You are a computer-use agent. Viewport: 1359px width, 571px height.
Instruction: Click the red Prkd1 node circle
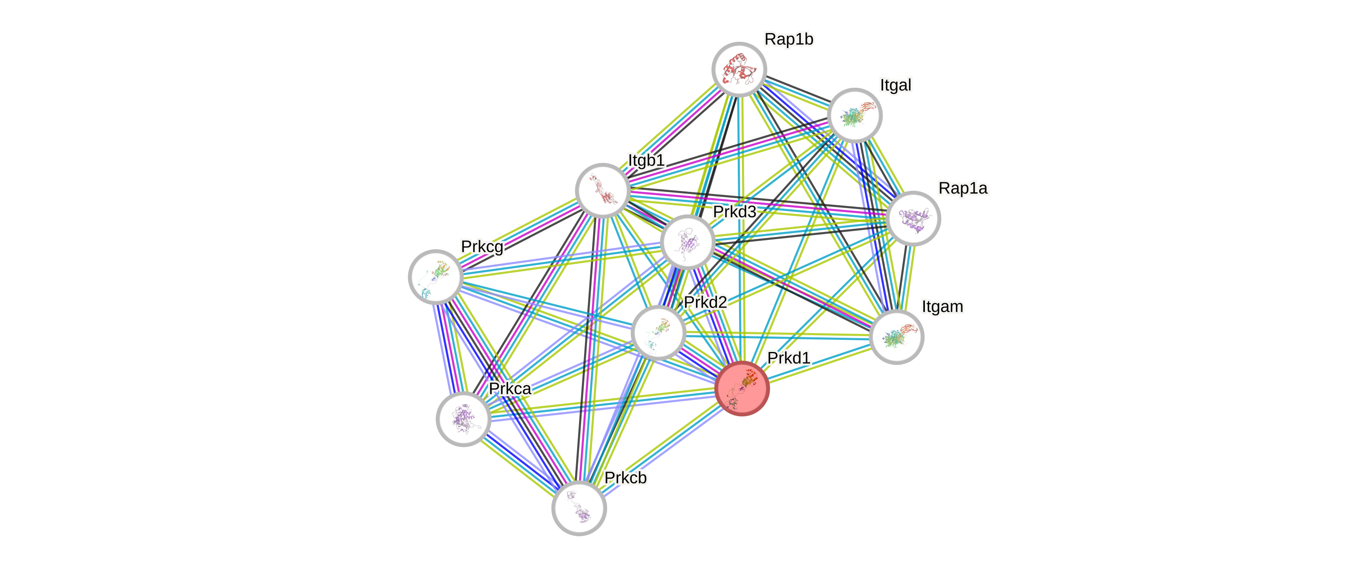pyautogui.click(x=742, y=389)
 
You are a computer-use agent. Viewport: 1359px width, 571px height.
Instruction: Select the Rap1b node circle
pyautogui.click(x=739, y=69)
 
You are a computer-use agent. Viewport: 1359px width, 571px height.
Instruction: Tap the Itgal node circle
pyautogui.click(x=855, y=115)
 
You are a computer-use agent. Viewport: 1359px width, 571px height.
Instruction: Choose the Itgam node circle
pyautogui.click(x=897, y=336)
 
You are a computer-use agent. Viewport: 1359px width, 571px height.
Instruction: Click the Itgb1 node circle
pyautogui.click(x=602, y=191)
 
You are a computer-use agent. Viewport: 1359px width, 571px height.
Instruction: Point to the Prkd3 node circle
pyautogui.click(x=687, y=242)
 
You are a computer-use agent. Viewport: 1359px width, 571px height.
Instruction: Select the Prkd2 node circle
pyautogui.click(x=658, y=332)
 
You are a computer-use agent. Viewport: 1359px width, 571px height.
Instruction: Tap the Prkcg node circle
pyautogui.click(x=435, y=277)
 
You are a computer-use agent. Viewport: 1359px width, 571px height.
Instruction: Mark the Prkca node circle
pyautogui.click(x=464, y=419)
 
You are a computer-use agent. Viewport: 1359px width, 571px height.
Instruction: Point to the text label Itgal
pyautogui.click(x=895, y=85)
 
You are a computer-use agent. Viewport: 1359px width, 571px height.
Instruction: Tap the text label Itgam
pyautogui.click(x=942, y=306)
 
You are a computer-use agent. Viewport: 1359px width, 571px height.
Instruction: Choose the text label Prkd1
pyautogui.click(x=788, y=358)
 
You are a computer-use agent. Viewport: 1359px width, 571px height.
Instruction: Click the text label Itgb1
pyautogui.click(x=646, y=160)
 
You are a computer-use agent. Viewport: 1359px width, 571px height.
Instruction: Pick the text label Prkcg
pyautogui.click(x=482, y=247)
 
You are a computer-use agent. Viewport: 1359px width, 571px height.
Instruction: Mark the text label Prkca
pyautogui.click(x=510, y=388)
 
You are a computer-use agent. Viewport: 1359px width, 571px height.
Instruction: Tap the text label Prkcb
pyautogui.click(x=626, y=478)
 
